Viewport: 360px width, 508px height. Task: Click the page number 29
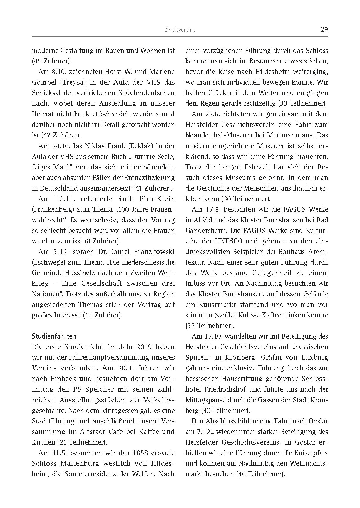[x=324, y=29]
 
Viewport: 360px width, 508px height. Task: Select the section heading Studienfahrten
[x=54, y=336]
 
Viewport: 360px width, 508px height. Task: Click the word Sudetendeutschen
[x=148, y=93]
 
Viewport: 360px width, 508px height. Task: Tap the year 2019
[x=144, y=347]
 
